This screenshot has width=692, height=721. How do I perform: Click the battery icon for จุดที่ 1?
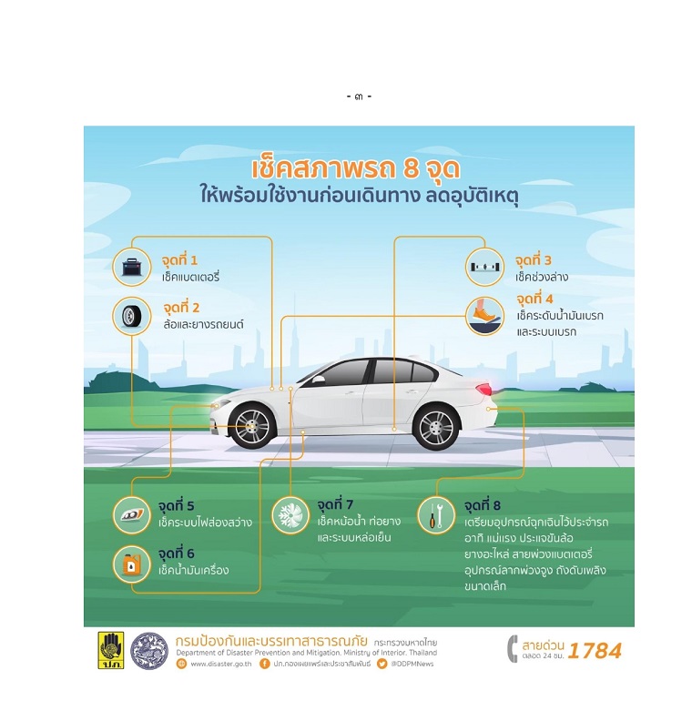pyautogui.click(x=132, y=267)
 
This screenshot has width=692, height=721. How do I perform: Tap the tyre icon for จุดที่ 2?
pyautogui.click(x=132, y=316)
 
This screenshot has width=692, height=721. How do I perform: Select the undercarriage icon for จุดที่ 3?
pyautogui.click(x=484, y=267)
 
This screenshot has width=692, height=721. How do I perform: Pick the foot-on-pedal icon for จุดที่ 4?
pyautogui.click(x=484, y=316)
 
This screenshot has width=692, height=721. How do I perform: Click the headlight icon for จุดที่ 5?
pyautogui.click(x=132, y=514)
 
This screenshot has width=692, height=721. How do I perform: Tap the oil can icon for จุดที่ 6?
pyautogui.click(x=132, y=564)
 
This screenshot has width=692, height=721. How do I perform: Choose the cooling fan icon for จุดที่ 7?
pyautogui.click(x=290, y=514)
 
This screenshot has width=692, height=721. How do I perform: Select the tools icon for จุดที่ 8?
pyautogui.click(x=436, y=514)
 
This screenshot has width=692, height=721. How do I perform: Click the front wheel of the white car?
pyautogui.click(x=252, y=426)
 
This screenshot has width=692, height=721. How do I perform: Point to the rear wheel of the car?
pyautogui.click(x=436, y=428)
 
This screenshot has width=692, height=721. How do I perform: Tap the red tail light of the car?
pyautogui.click(x=483, y=389)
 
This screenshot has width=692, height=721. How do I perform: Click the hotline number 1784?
pyautogui.click(x=595, y=651)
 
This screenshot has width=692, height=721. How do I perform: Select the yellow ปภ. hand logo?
pyautogui.click(x=111, y=650)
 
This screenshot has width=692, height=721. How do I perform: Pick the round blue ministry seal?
pyautogui.click(x=149, y=651)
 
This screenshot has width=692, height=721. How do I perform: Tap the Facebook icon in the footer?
pyautogui.click(x=264, y=664)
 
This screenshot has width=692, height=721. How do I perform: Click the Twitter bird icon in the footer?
pyautogui.click(x=382, y=664)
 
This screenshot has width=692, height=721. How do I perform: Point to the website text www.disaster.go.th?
pyautogui.click(x=221, y=664)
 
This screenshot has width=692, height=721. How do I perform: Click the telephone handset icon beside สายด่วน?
pyautogui.click(x=513, y=649)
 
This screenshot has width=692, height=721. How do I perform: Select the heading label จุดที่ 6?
pyautogui.click(x=176, y=553)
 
